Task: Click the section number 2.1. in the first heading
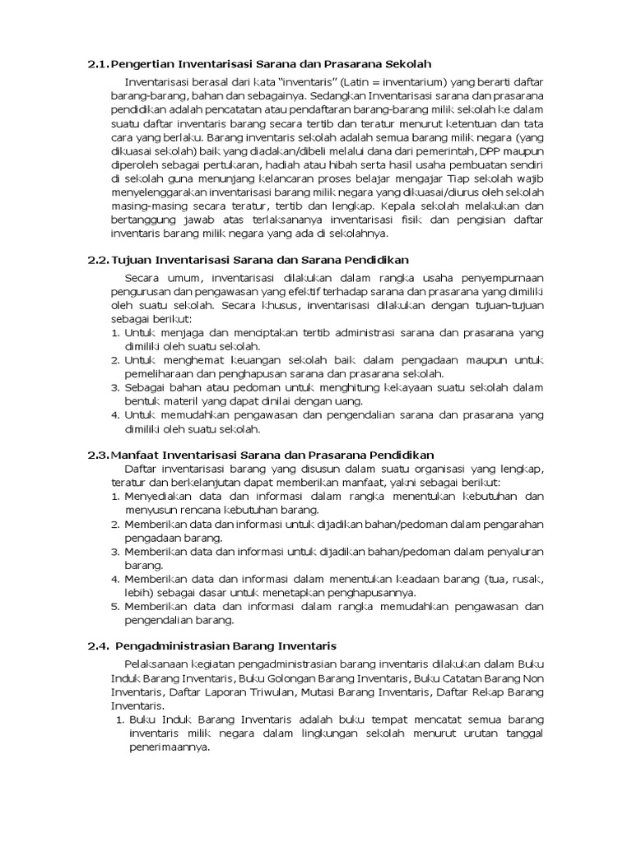pos(98,63)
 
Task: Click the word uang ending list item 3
pos(349,400)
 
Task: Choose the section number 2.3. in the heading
pos(98,454)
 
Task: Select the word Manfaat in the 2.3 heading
pos(137,454)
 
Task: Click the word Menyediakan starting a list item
pos(161,497)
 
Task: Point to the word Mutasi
pos(299,692)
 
